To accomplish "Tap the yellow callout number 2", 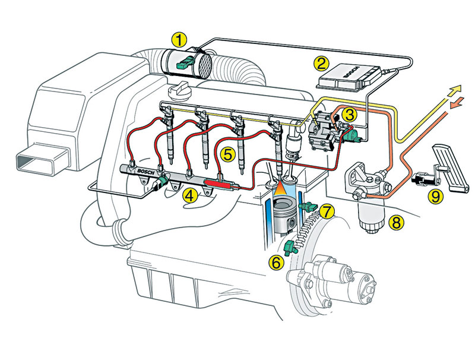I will pyautogui.click(x=321, y=62).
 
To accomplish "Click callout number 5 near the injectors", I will pyautogui.click(x=227, y=154).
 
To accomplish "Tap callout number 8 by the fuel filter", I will pyautogui.click(x=395, y=223).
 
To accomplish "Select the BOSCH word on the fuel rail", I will pyautogui.click(x=144, y=172).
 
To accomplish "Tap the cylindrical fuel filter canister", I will pyautogui.click(x=370, y=214).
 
